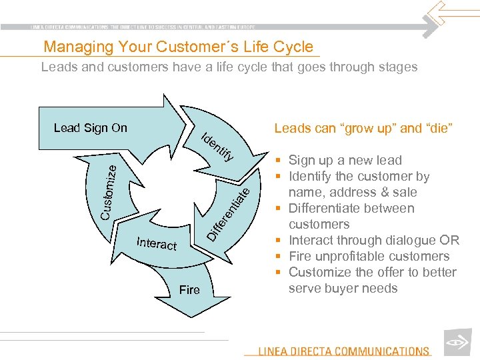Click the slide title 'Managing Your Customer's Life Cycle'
coord(178,47)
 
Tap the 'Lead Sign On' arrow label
coord(90,128)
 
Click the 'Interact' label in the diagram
coord(157,243)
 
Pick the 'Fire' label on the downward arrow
coord(189,290)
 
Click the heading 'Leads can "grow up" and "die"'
coord(363,128)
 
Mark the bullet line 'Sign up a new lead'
coord(345,160)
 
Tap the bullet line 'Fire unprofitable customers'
coord(369,256)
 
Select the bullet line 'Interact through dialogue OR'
coord(373,240)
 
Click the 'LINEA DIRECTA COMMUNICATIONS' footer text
coord(344,351)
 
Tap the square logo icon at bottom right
coord(458,342)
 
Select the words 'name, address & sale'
coord(353,192)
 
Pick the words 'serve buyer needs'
coord(343,288)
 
